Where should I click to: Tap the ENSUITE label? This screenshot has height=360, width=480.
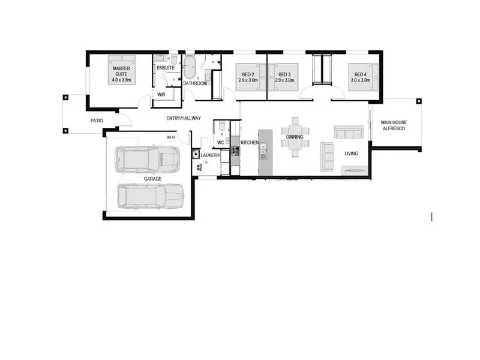click(x=166, y=68)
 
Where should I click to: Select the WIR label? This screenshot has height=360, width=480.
click(x=161, y=95)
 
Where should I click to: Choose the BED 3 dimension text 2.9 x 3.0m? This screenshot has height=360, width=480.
click(x=284, y=80)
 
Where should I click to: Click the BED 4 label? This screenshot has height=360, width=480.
click(x=361, y=74)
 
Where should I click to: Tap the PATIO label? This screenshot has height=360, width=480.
click(x=97, y=121)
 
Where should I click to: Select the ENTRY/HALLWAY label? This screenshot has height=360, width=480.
click(x=184, y=118)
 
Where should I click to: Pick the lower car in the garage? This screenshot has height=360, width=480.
click(x=150, y=196)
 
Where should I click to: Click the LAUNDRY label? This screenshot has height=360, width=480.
click(x=211, y=155)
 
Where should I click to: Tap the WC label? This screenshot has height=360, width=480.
click(x=220, y=142)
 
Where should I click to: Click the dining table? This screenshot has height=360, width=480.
click(x=295, y=137)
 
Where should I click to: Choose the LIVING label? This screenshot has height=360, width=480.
click(x=351, y=154)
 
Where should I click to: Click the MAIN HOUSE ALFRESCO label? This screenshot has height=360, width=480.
click(x=394, y=125)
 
